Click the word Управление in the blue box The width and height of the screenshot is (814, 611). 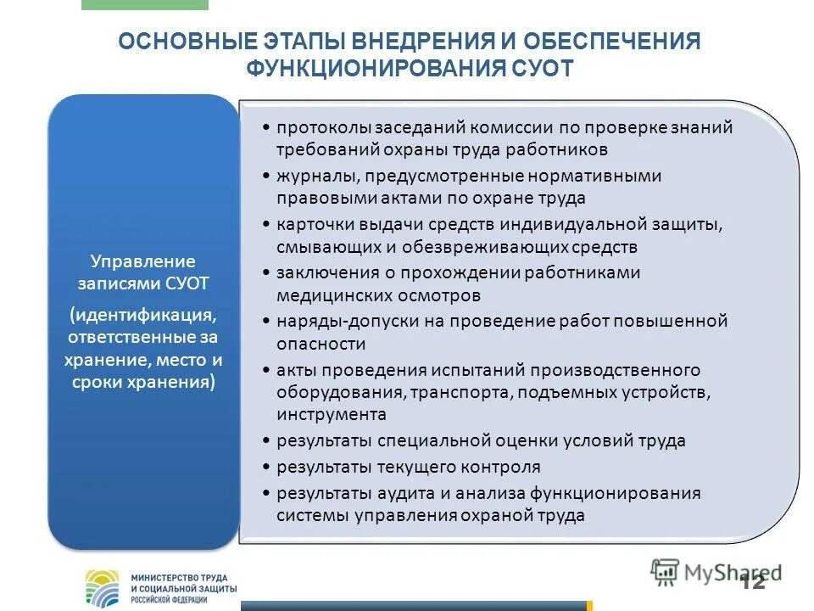tap(143, 261)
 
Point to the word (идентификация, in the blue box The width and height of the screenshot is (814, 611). tap(143, 315)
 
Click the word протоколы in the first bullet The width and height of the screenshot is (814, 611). tap(316, 127)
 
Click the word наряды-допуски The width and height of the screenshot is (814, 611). tap(339, 322)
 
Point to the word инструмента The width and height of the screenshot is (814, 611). tap(331, 415)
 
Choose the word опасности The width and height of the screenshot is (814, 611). tap(321, 345)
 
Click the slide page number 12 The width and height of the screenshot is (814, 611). tap(752, 581)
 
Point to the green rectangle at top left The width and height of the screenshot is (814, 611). tap(144, 4)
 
